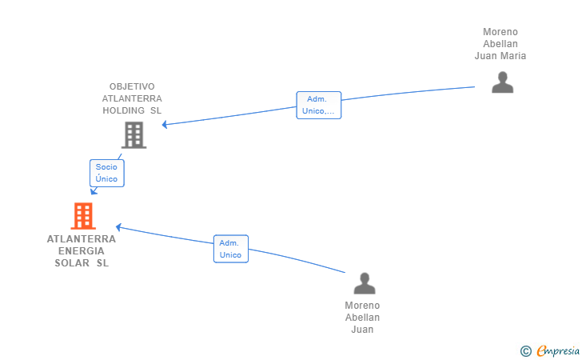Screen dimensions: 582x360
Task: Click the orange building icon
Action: (83, 216)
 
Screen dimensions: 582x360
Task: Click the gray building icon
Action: (134, 135)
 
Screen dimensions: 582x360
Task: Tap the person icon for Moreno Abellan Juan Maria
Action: (502, 82)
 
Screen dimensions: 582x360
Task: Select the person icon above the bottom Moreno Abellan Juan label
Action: (364, 283)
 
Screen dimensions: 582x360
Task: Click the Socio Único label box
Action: (107, 173)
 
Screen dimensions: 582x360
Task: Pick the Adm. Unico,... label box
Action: (318, 105)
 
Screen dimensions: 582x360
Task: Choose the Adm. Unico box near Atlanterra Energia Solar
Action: (231, 249)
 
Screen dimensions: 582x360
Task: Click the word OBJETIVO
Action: (132, 86)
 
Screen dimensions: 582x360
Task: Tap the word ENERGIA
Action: (82, 251)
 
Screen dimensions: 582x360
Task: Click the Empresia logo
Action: (557, 350)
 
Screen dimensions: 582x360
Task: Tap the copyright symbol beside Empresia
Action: (525, 351)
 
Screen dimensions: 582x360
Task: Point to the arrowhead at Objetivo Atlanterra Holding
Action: (165, 125)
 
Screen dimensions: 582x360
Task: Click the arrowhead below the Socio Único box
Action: (94, 191)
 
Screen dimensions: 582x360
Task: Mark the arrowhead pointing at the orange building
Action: (118, 227)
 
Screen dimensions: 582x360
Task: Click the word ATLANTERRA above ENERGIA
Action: (82, 239)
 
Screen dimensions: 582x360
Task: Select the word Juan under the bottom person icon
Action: (362, 330)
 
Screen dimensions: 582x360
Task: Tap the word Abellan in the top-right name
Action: (500, 44)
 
